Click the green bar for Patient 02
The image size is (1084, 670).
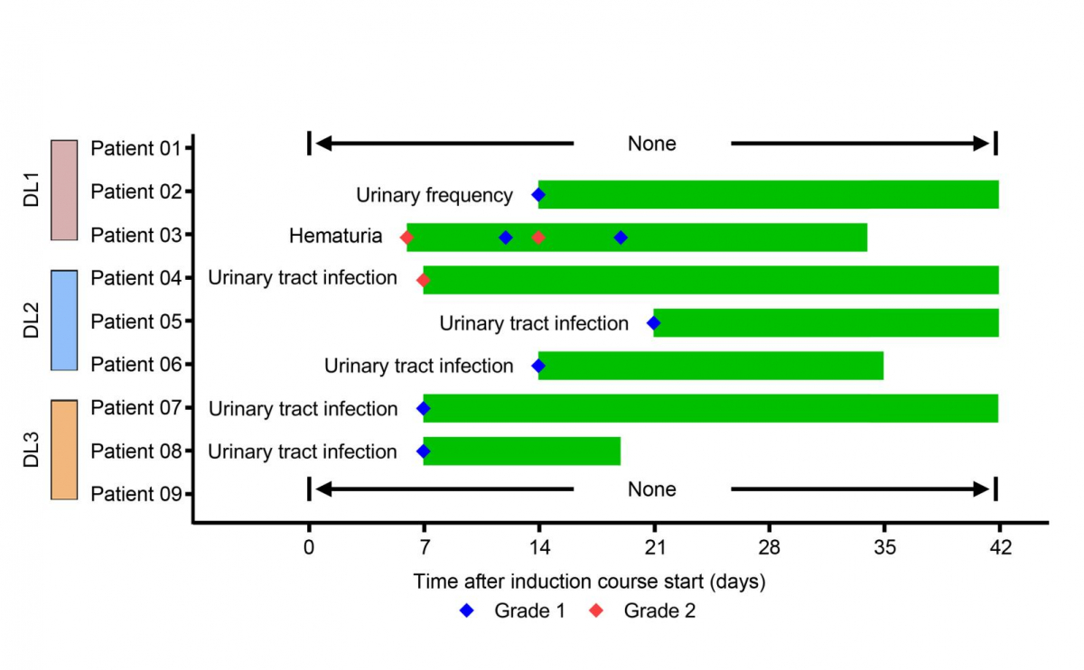pyautogui.click(x=768, y=194)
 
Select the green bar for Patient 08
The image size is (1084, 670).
pyautogui.click(x=521, y=451)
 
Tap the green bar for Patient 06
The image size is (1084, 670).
pyautogui.click(x=710, y=365)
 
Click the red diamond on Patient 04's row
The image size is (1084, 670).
pyautogui.click(x=423, y=280)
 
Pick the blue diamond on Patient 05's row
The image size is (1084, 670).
pyautogui.click(x=653, y=323)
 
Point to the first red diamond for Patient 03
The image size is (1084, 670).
pyautogui.click(x=406, y=237)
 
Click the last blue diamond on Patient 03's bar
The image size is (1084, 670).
pyautogui.click(x=621, y=237)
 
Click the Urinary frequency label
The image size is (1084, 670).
pyautogui.click(x=435, y=195)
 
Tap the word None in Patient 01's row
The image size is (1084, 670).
pyautogui.click(x=651, y=144)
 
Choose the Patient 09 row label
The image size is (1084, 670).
pyautogui.click(x=136, y=494)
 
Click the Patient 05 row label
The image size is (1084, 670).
pyautogui.click(x=136, y=321)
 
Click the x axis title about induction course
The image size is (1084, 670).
pyautogui.click(x=589, y=582)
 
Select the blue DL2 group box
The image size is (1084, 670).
pyautogui.click(x=63, y=320)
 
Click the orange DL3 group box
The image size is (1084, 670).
pyautogui.click(x=63, y=450)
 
